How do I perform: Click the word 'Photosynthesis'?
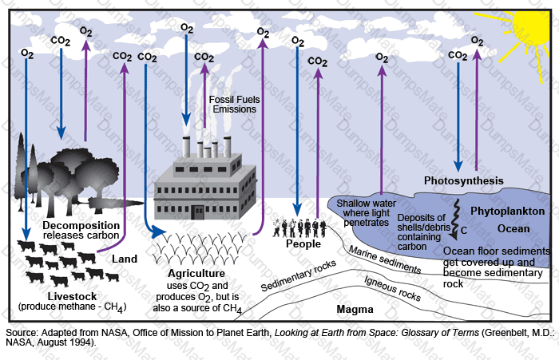(x=463, y=181)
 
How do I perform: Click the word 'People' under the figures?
(x=303, y=244)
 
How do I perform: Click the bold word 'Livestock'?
(x=72, y=297)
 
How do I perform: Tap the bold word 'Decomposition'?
(x=70, y=224)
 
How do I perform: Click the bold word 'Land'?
(x=125, y=259)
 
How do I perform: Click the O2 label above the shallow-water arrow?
(x=383, y=57)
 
